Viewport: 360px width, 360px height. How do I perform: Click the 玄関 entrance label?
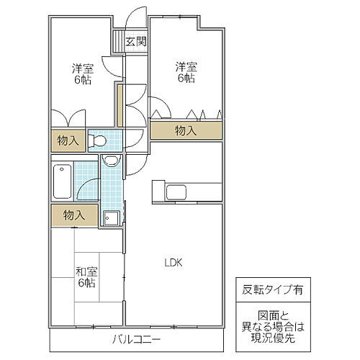click(x=136, y=42)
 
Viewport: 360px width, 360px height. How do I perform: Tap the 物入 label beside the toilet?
click(x=68, y=140)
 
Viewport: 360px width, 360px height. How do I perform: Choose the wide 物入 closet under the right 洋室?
click(x=186, y=130)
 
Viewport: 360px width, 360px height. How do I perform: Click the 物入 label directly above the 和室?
click(x=74, y=215)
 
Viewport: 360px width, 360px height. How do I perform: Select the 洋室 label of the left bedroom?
click(x=82, y=68)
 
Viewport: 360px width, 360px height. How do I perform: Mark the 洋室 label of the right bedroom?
click(x=186, y=67)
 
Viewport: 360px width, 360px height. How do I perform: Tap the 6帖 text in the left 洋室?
click(x=82, y=81)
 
